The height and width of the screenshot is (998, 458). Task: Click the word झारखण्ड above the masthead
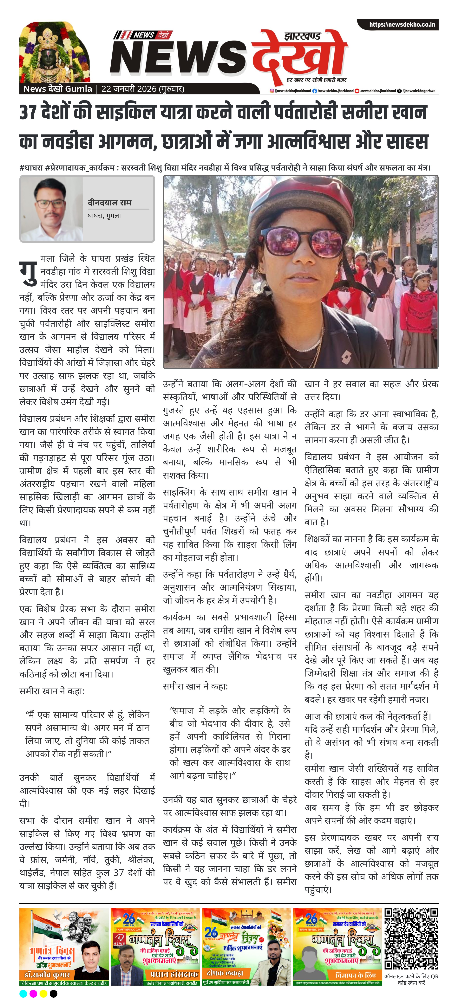click(x=302, y=36)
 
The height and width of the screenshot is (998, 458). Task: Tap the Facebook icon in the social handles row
click(x=315, y=91)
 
